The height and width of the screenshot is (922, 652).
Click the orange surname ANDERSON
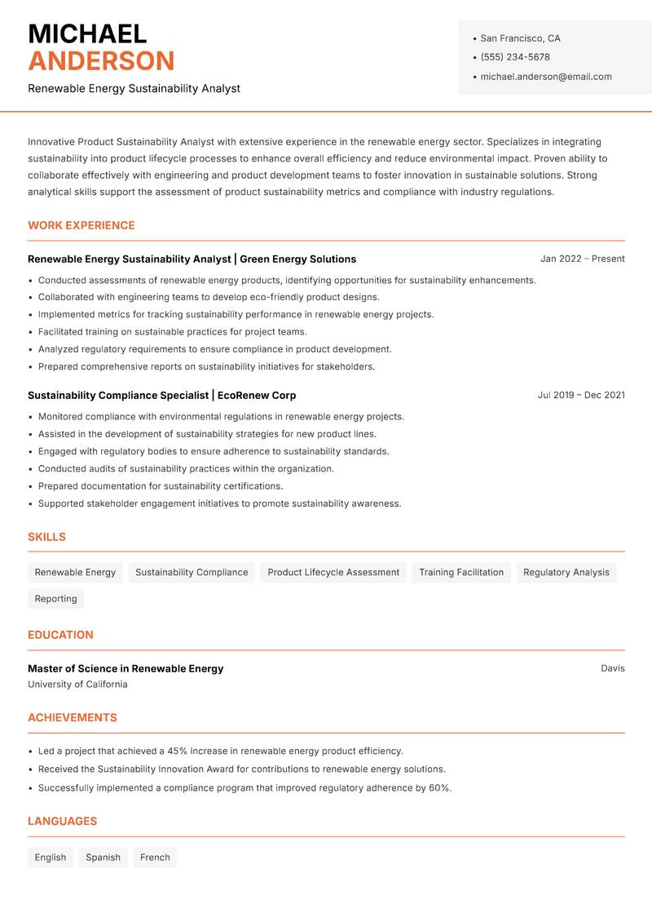click(x=101, y=61)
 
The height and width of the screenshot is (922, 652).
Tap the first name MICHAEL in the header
click(x=87, y=33)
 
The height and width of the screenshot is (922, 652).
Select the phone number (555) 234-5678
click(x=515, y=57)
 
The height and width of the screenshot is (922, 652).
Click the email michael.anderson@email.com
click(x=546, y=77)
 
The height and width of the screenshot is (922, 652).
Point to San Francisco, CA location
click(x=520, y=38)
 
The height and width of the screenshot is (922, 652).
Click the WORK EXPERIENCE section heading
click(x=81, y=225)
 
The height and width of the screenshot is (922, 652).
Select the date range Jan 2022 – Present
click(x=582, y=259)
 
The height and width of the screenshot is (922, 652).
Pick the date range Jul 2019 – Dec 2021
click(x=581, y=395)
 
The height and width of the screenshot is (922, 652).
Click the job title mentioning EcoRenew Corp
click(x=161, y=395)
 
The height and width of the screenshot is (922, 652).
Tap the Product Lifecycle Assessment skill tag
click(x=333, y=573)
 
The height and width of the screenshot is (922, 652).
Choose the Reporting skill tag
click(x=55, y=599)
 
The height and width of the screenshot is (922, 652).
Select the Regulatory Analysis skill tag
click(x=566, y=573)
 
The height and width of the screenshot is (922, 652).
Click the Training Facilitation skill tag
click(x=461, y=573)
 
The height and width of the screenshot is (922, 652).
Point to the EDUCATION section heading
click(x=60, y=635)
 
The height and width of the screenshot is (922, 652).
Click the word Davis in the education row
click(x=613, y=668)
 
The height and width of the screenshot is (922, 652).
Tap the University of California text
click(x=77, y=685)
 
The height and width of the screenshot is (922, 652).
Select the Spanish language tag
click(x=103, y=858)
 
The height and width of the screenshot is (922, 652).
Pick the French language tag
click(x=155, y=858)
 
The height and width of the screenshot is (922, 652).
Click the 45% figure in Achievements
click(x=178, y=751)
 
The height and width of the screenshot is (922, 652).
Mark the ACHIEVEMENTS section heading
click(x=73, y=718)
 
